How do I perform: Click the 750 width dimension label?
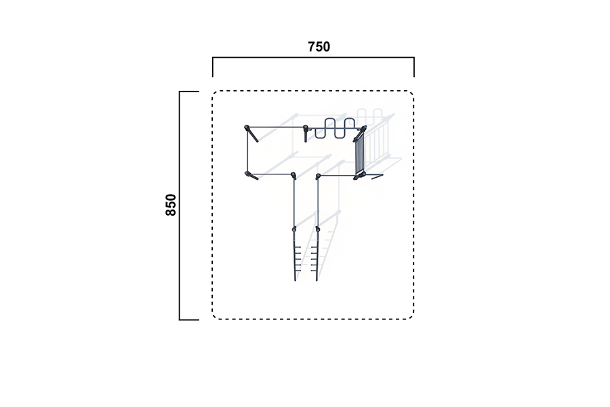pos(319,47)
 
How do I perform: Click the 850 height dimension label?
pos(171,205)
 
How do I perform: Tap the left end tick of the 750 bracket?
pos(213,67)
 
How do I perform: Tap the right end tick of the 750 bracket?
pos(414,67)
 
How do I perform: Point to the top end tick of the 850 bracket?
pos(189,92)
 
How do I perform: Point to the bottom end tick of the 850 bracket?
pos(189,319)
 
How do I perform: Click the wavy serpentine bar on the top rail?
pos(335,128)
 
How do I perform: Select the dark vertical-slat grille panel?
pos(359,154)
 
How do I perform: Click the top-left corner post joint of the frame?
pos(247,128)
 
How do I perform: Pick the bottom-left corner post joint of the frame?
pos(247,174)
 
